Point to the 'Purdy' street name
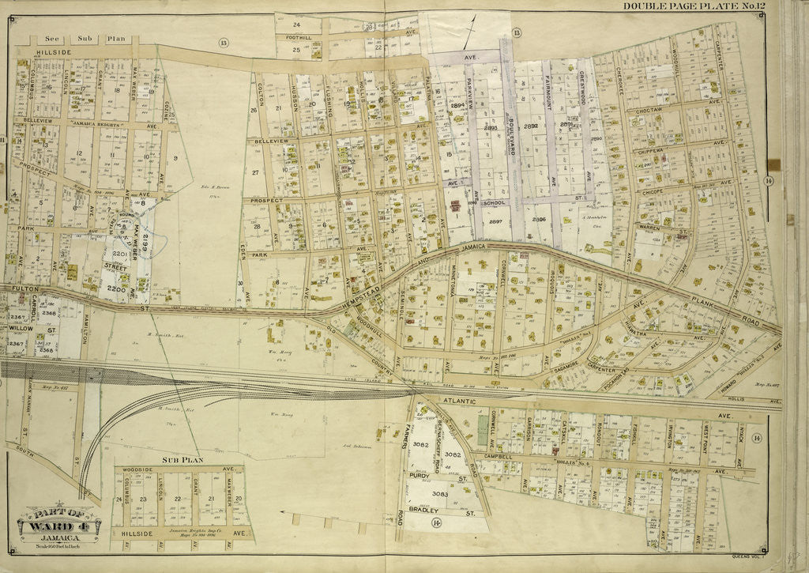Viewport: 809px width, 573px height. point(420,477)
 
